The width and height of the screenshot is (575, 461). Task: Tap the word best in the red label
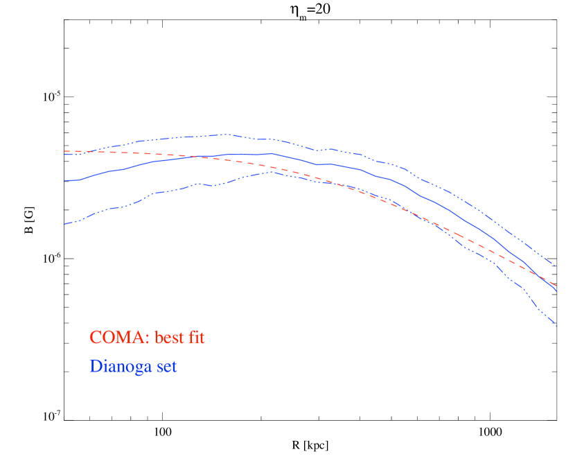tap(170, 338)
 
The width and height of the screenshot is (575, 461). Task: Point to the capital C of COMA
tap(96, 338)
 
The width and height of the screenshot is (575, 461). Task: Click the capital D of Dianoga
tap(95, 365)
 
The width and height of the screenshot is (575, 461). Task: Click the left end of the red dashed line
tap(64, 151)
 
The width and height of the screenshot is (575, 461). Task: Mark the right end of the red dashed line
tap(557, 286)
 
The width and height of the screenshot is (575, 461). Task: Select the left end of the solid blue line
tap(64, 181)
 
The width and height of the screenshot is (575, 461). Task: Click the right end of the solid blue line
tap(557, 292)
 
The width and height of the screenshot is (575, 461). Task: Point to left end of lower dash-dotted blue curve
tap(64, 224)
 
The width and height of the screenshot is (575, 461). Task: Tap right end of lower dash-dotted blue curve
tap(557, 326)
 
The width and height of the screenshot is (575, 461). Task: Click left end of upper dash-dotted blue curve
tap(64, 154)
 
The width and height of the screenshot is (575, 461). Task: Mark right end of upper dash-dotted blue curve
tap(556, 266)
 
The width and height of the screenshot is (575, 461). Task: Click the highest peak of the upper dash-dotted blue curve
tap(224, 134)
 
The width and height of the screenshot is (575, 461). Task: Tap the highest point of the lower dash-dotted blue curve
tap(269, 171)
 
